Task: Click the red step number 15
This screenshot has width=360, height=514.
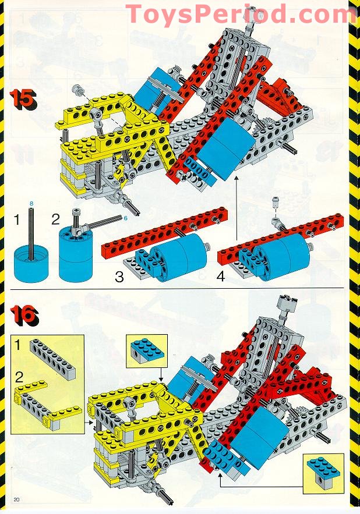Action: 23,99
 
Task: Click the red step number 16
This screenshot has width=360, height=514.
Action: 24,316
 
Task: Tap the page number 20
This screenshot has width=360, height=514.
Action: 16,499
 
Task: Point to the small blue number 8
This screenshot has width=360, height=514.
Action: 31,203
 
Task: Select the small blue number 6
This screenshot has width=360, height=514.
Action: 125,218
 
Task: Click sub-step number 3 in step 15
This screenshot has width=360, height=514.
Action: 119,277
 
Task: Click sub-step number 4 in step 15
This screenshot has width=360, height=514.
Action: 221,276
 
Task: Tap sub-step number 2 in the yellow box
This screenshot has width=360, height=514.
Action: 19,378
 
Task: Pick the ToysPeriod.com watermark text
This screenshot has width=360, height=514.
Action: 241,15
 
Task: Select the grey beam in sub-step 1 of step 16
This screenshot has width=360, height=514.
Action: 53,359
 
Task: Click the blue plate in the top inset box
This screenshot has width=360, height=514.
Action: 147,352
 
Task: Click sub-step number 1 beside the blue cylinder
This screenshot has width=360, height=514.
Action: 17,219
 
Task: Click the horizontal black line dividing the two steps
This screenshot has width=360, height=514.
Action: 177,289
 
